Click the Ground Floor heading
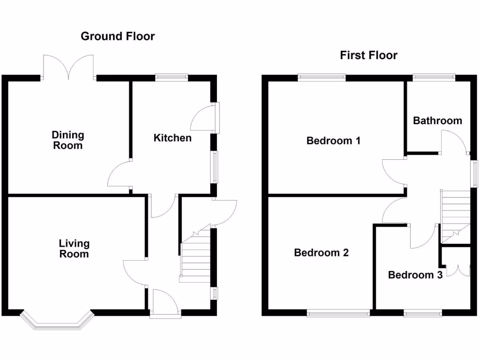tap(118, 36)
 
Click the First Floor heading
tap(368, 55)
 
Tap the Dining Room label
tap(68, 140)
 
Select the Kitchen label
tap(172, 138)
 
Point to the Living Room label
tap(74, 248)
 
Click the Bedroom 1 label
tap(333, 141)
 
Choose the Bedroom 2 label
tap(321, 253)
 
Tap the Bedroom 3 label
tap(415, 275)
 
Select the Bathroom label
tap(437, 120)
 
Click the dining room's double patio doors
tap(68, 67)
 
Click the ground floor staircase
tap(195, 258)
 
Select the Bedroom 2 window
tap(338, 313)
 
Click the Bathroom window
tap(434, 78)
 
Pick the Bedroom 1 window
tap(322, 78)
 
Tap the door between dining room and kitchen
tap(118, 174)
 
